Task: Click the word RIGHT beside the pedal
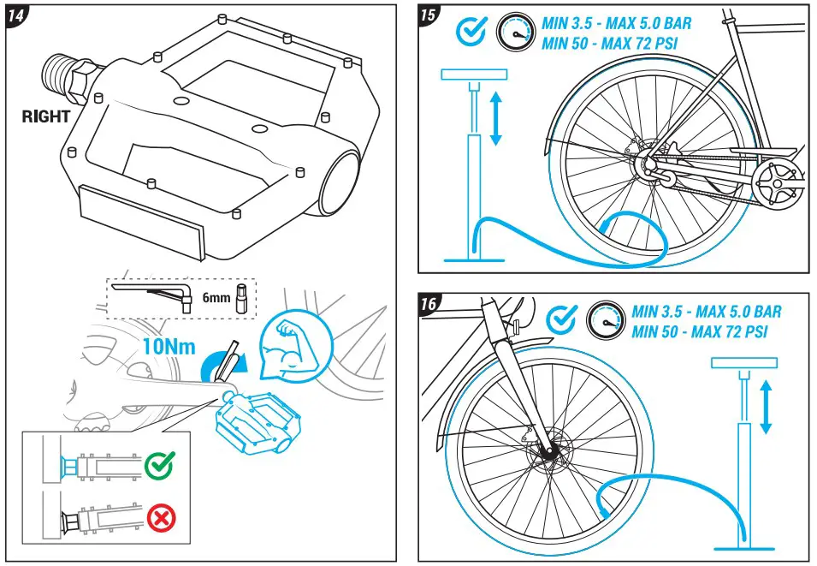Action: point(46,117)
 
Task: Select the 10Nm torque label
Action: point(169,348)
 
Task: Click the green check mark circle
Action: point(158,466)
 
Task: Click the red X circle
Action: point(158,518)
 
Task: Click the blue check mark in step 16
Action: point(561,319)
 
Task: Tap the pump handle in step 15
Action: point(473,74)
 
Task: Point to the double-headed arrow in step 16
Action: point(767,407)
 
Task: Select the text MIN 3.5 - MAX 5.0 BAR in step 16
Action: point(707,313)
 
